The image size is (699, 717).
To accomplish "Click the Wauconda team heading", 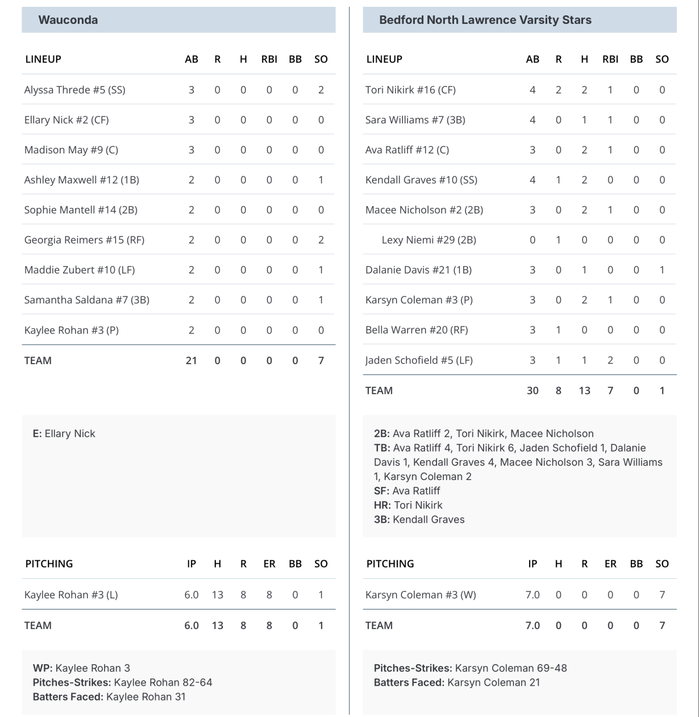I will click(68, 20).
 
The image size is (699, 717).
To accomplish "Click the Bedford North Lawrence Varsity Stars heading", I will click(485, 20).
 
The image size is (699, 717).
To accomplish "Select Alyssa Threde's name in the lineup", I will click(74, 90).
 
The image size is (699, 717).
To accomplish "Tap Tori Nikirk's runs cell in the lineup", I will click(558, 90).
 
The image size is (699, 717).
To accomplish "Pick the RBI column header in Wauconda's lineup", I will click(269, 59).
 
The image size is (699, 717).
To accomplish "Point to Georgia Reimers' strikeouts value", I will click(321, 240).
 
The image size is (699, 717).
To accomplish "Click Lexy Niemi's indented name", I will click(428, 240).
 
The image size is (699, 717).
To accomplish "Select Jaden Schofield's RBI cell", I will click(610, 360).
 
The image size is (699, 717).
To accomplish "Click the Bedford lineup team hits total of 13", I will click(584, 390).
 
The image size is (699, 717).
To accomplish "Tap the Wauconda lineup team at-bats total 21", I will click(191, 360).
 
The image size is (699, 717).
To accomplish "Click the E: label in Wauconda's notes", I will click(37, 433).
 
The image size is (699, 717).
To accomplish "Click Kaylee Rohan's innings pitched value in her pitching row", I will click(191, 595).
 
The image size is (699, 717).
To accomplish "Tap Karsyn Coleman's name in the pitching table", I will click(421, 595).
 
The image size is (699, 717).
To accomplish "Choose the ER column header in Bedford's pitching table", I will click(610, 564).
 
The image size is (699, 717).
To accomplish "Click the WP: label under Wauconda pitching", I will click(43, 668).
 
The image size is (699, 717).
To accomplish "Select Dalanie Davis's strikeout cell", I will click(662, 270).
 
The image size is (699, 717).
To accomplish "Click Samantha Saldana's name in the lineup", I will click(86, 300).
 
